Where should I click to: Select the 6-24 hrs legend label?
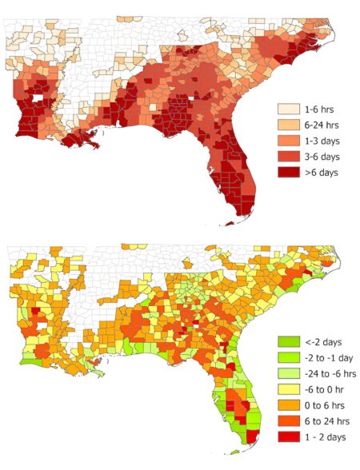tap(323, 124)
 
